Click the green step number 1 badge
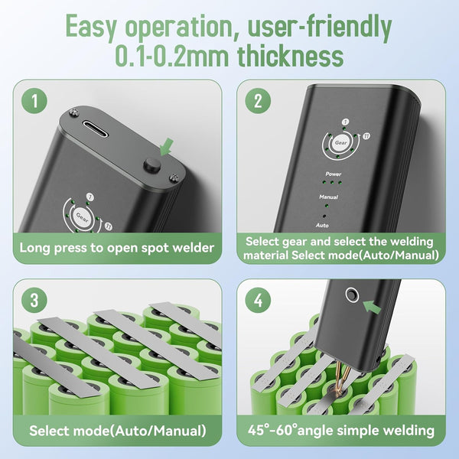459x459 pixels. coord(34,101)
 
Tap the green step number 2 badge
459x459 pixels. coord(258,101)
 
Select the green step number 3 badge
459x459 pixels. coord(34,301)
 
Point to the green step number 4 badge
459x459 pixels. coord(258,301)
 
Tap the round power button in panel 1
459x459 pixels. coord(152,164)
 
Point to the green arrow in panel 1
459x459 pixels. coord(167,147)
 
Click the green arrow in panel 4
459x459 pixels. coord(372,307)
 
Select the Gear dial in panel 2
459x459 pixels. coord(340,143)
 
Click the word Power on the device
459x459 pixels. coord(334,174)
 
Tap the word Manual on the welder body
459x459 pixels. coord(328,197)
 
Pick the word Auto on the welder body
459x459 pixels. coord(322,226)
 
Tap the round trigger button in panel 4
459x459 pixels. coord(352,295)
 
